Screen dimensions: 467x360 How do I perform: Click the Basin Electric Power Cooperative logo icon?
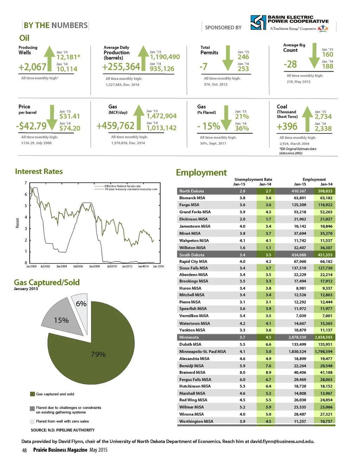258,22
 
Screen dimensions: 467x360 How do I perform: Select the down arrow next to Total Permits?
228,58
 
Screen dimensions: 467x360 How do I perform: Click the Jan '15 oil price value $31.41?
70,116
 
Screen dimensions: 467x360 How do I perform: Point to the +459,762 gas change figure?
116,126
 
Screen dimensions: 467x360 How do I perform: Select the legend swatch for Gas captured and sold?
32,394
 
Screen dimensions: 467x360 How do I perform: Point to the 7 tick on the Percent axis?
26,183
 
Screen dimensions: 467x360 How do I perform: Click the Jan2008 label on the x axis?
94,266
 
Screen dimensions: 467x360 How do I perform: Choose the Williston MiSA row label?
192,248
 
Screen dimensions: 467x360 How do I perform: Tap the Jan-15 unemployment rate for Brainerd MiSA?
242,372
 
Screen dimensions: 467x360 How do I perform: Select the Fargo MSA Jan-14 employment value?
326,205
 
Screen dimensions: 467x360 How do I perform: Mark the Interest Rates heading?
39,171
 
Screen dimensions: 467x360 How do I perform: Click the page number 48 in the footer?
24,450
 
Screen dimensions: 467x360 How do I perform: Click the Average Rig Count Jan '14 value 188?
327,66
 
